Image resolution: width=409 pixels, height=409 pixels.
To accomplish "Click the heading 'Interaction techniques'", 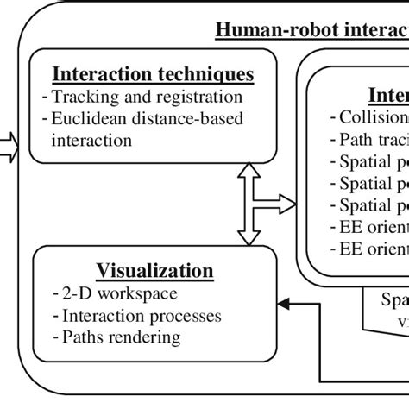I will point(154,74).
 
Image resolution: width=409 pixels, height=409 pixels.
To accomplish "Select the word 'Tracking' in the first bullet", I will point(81,97).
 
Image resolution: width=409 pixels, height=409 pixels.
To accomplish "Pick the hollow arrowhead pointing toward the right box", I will point(289,204).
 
